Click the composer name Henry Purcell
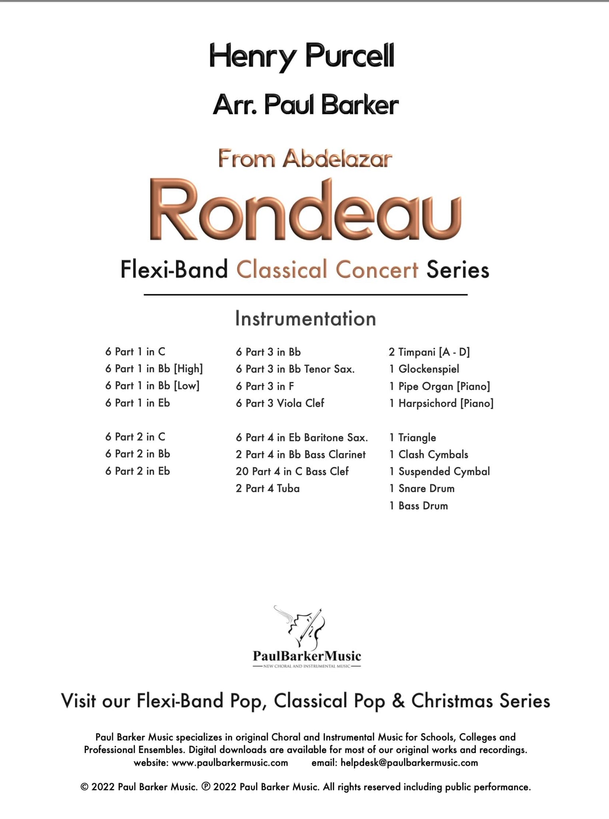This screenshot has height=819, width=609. point(302,57)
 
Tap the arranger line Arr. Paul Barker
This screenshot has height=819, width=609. point(305,105)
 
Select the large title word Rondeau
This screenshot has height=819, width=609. point(305,211)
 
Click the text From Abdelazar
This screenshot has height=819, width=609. point(305,159)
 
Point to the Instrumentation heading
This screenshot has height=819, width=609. point(305,319)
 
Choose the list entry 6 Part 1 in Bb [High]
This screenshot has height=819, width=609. point(154,369)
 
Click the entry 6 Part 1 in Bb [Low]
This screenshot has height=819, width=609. point(152,386)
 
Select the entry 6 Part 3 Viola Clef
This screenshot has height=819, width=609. point(280,403)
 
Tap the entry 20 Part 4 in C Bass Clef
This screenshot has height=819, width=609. point(292,471)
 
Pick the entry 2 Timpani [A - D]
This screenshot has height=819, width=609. point(429,352)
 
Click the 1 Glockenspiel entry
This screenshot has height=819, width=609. point(424,369)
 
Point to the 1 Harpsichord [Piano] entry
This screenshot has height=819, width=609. point(441,403)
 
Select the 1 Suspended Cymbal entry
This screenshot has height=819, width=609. point(439,471)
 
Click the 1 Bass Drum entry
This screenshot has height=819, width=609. point(419,506)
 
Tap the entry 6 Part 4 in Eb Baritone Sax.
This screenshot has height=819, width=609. point(302,437)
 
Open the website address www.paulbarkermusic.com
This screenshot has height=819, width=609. point(230,763)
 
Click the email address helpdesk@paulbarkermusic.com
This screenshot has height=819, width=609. point(409,763)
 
